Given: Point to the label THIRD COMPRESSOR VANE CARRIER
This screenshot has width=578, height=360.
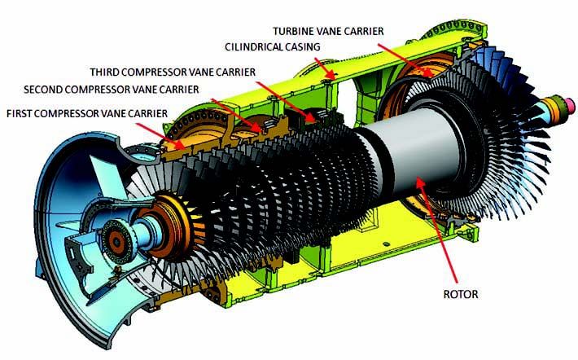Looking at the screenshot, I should tap(173, 72).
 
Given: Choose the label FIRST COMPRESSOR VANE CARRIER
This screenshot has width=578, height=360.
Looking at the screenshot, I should tap(87, 112).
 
